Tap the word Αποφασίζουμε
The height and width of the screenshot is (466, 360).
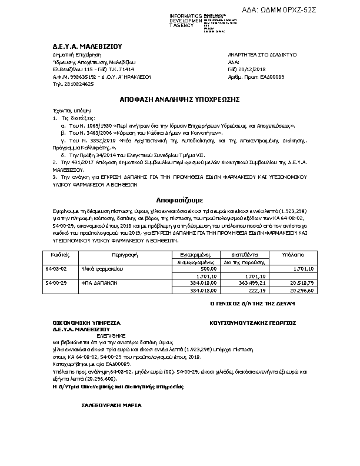[x=179, y=200]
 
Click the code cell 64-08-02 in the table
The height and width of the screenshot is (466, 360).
[x=56, y=268]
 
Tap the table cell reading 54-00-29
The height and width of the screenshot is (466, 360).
[x=56, y=282]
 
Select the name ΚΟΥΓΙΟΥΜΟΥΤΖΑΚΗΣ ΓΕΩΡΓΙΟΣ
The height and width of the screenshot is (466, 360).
[x=252, y=323]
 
